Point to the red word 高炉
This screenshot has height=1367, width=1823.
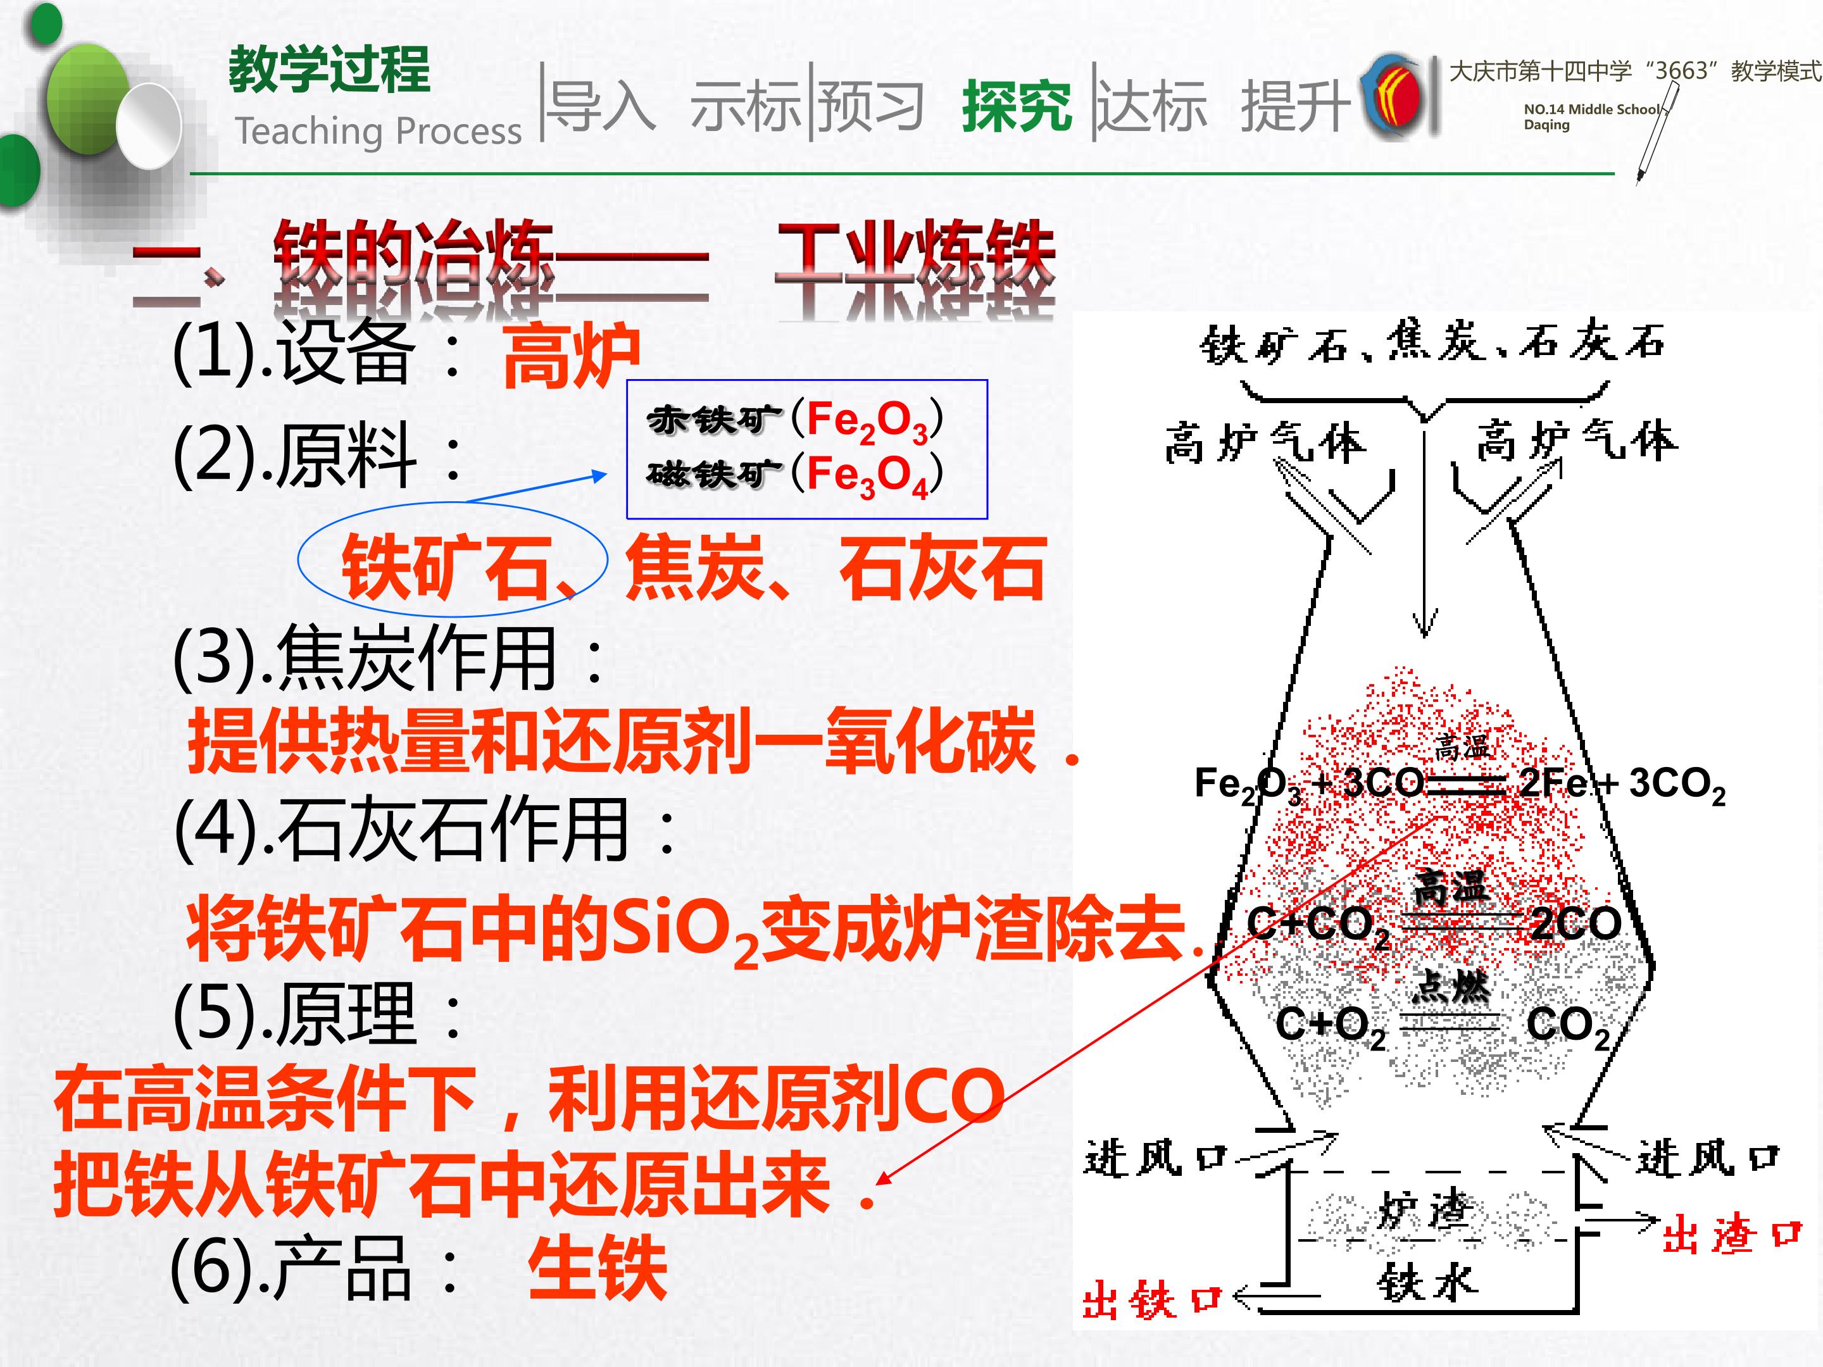point(571,356)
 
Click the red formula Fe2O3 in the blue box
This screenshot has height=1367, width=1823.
point(867,421)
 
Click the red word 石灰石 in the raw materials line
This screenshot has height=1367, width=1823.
point(942,568)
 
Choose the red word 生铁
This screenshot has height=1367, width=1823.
point(597,1268)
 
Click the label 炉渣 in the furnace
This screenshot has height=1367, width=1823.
point(1424,1211)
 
